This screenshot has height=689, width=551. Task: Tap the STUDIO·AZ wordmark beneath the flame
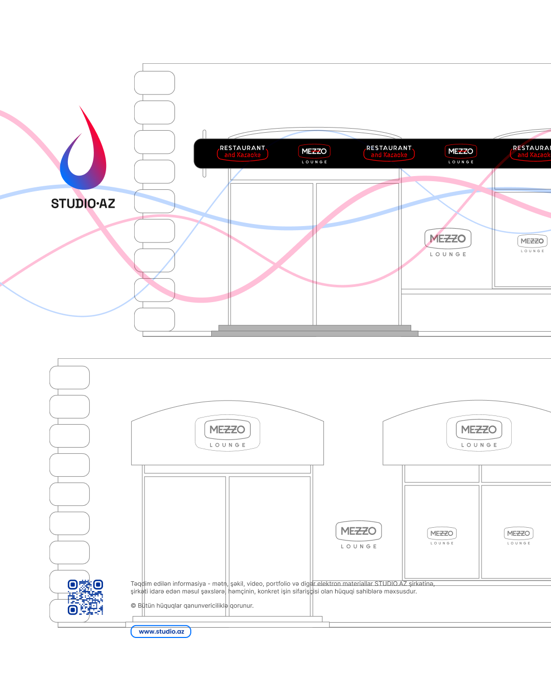[83, 204]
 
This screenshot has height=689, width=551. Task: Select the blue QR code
[85, 597]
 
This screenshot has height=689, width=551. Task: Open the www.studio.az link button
[161, 632]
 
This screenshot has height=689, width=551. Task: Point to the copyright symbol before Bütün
[133, 606]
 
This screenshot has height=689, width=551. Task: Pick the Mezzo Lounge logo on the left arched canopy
[228, 433]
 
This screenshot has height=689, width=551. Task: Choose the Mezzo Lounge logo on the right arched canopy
[479, 433]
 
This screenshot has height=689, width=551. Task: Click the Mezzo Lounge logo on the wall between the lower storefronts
[359, 535]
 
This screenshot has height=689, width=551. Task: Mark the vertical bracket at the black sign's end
[204, 153]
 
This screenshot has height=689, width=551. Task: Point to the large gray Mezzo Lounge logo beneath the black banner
[448, 242]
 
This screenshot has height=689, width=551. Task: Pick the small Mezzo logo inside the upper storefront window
[532, 243]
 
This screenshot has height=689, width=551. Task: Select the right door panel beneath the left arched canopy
[269, 546]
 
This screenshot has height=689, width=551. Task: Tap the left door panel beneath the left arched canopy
[185, 546]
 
